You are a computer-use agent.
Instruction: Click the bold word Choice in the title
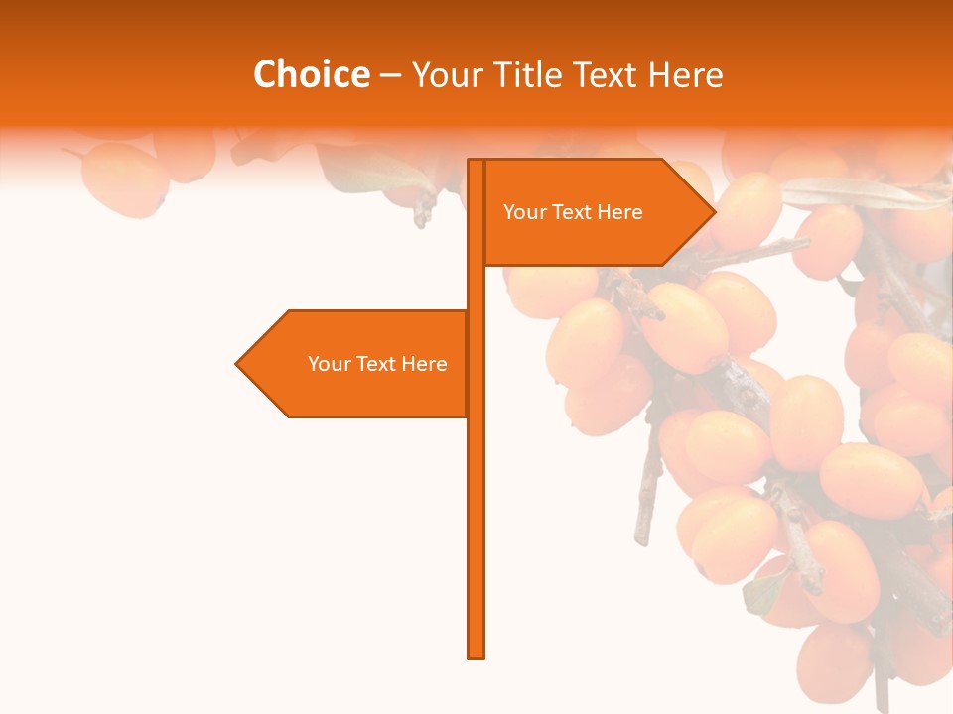(311, 75)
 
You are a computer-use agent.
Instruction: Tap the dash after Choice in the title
(390, 75)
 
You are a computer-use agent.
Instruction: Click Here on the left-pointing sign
(424, 364)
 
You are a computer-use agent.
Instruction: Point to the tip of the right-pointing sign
(713, 212)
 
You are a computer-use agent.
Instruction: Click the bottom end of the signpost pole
(476, 654)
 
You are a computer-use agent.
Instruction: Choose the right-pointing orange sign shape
(596, 238)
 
